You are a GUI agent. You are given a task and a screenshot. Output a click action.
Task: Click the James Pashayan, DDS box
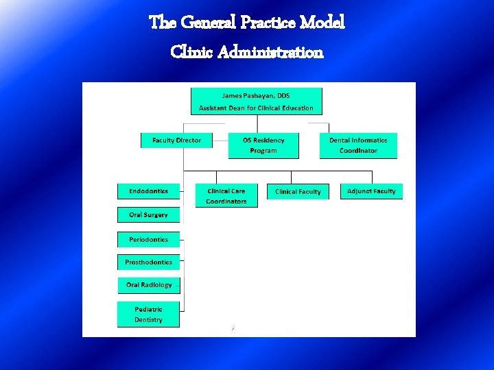click(x=256, y=101)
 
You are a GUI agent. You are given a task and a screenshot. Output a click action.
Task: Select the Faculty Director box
click(x=176, y=140)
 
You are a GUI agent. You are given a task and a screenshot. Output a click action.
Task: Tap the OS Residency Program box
click(x=263, y=145)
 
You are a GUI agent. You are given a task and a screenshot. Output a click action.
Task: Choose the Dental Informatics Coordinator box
click(x=358, y=145)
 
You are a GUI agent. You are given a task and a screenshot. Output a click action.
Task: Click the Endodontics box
click(x=148, y=191)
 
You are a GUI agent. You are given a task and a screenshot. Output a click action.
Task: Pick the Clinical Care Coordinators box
click(x=226, y=196)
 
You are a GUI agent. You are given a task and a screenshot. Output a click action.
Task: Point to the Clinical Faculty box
click(x=298, y=192)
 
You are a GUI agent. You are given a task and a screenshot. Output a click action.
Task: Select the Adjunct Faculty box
click(x=371, y=191)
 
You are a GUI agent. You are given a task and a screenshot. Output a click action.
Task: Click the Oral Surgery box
click(x=148, y=215)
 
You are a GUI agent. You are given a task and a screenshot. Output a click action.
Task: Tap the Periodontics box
click(x=148, y=240)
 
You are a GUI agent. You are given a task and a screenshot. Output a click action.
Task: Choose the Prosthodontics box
click(x=148, y=262)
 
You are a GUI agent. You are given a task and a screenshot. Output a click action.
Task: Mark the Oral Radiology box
click(x=148, y=285)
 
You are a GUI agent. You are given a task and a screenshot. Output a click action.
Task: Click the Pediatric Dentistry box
click(x=148, y=314)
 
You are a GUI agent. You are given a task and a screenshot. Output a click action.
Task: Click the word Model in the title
click(x=322, y=23)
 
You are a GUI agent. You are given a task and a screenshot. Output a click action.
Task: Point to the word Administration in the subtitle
click(x=270, y=52)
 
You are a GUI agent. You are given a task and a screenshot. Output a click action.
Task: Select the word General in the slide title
click(x=209, y=23)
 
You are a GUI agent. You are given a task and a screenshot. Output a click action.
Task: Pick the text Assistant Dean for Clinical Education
click(x=256, y=108)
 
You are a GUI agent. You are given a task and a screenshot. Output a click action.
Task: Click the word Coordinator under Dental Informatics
click(x=358, y=151)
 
